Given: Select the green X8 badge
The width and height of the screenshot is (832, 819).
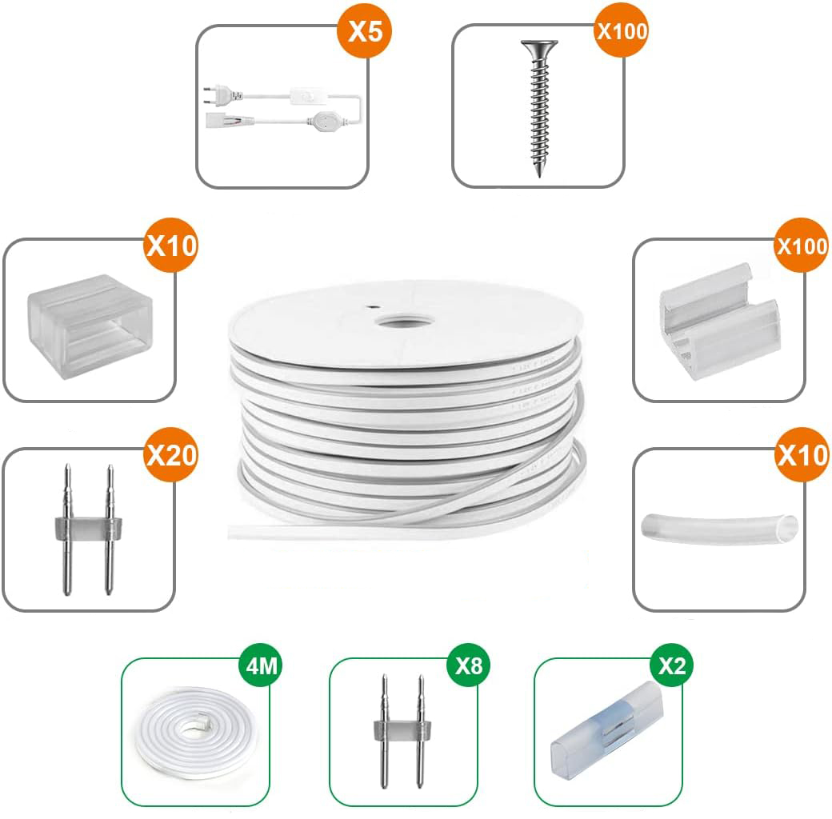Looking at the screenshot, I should (x=468, y=665).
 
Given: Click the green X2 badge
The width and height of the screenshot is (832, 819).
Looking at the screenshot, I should (x=672, y=665).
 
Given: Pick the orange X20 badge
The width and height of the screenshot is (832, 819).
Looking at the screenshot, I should (x=170, y=455).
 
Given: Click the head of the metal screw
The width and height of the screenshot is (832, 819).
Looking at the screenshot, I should (x=538, y=46).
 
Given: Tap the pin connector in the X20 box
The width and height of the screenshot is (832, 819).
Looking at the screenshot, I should (x=86, y=530).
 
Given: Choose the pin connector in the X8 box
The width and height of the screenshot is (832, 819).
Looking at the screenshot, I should (x=398, y=730).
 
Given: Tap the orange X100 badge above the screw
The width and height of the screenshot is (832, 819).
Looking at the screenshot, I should (x=622, y=31).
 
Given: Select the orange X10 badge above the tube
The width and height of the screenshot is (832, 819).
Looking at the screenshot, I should (x=802, y=455).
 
